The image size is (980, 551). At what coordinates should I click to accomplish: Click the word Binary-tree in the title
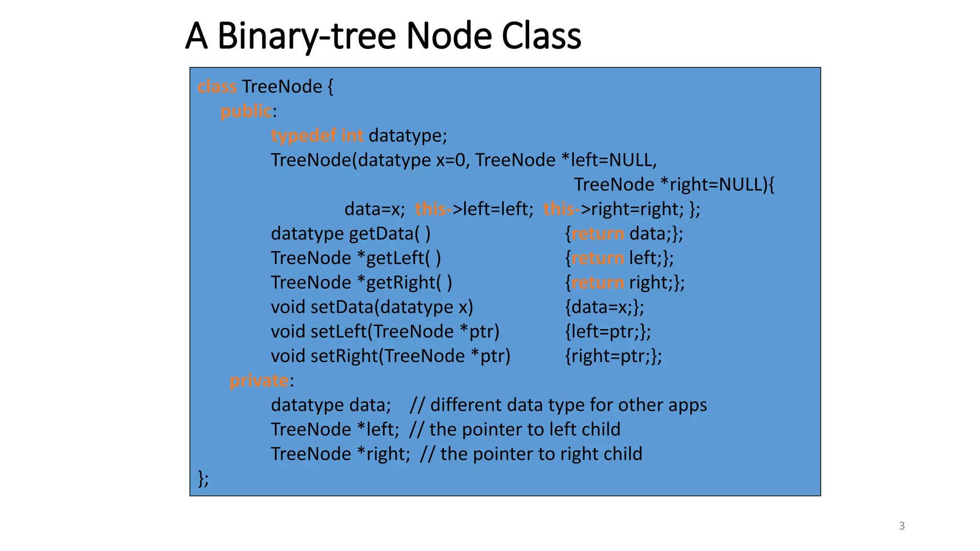[306, 36]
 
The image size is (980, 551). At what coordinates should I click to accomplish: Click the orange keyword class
[217, 87]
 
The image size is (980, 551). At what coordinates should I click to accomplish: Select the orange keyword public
[246, 111]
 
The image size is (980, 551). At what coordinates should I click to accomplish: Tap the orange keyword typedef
[303, 136]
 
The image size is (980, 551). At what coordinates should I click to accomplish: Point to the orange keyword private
[259, 381]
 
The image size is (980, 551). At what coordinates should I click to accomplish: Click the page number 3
[902, 526]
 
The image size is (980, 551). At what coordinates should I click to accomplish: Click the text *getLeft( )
[399, 258]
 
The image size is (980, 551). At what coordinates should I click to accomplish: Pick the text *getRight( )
[405, 283]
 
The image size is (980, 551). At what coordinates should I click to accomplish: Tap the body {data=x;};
[604, 307]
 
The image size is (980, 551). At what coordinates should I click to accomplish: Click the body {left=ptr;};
[608, 331]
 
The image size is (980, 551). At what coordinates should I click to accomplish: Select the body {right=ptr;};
[613, 356]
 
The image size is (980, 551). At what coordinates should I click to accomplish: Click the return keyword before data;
[598, 234]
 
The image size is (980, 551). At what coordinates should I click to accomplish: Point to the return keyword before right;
[598, 283]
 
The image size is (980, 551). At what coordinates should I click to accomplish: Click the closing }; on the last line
[203, 478]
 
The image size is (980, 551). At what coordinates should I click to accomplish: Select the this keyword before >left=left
[431, 209]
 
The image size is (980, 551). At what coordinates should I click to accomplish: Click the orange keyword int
[352, 136]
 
